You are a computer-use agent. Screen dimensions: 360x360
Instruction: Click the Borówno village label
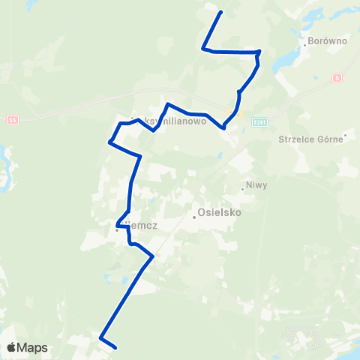point(328,41)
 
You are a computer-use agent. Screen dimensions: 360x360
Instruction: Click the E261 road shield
point(260,121)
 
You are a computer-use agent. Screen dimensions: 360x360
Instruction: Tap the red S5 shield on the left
point(12,119)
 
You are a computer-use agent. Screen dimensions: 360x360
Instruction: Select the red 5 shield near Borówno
point(337,78)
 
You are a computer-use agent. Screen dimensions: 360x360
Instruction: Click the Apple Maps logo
point(26,347)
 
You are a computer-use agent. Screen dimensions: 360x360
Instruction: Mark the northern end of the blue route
point(220,13)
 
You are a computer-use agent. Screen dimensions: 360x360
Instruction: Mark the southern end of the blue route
point(115,347)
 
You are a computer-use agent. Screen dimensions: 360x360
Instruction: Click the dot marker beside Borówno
point(304,43)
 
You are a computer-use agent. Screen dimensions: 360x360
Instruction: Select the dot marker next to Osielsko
point(194,217)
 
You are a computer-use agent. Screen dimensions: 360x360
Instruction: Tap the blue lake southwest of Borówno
point(284,60)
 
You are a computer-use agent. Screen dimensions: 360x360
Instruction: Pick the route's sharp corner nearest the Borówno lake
point(259,52)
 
